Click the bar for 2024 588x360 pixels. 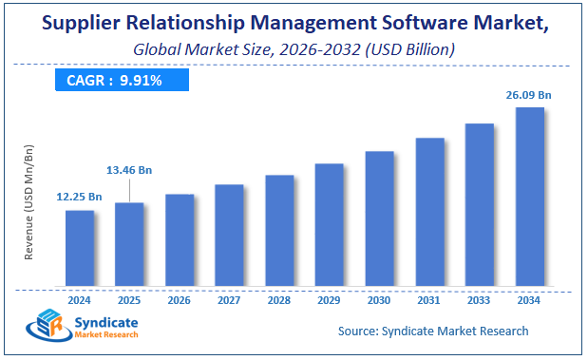point(80,248)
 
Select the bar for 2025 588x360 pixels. point(129,244)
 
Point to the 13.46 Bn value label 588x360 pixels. point(128,170)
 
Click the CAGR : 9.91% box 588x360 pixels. point(114,81)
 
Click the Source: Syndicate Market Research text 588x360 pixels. point(433,331)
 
